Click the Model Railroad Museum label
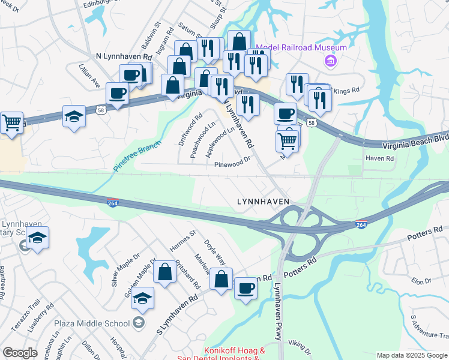(x=301, y=48)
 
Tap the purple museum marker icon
(x=329, y=61)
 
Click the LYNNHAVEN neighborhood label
(x=263, y=202)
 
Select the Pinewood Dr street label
(x=232, y=162)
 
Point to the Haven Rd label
(x=379, y=158)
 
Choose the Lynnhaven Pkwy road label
(x=277, y=311)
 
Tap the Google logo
(x=20, y=353)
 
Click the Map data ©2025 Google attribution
(x=412, y=355)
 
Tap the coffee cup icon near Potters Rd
(x=245, y=289)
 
